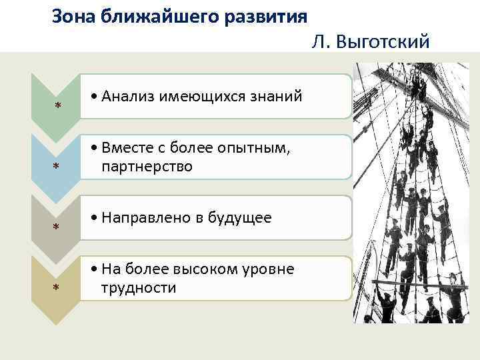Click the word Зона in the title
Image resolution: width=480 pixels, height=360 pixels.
[x=74, y=15]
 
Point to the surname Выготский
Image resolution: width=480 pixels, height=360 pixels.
[x=385, y=43]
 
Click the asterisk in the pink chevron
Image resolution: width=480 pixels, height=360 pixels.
[x=57, y=107]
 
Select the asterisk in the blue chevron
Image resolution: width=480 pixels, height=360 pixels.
[x=57, y=167]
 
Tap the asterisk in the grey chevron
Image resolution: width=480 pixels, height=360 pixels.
[x=57, y=228]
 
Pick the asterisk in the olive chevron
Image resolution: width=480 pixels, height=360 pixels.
[x=57, y=288]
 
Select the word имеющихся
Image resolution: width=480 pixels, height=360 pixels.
[x=204, y=97]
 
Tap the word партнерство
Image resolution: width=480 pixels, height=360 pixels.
[x=147, y=167]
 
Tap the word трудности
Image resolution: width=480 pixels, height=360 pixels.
[x=139, y=288]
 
